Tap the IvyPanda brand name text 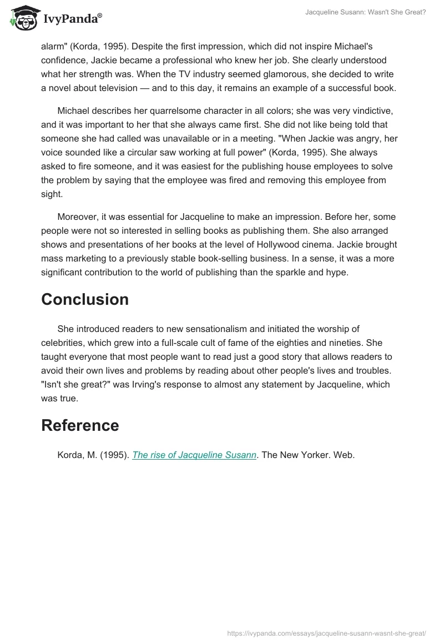point(72,19)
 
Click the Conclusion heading point(85,299)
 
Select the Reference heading point(80,425)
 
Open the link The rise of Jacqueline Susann point(194,455)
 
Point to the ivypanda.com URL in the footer point(327,632)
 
